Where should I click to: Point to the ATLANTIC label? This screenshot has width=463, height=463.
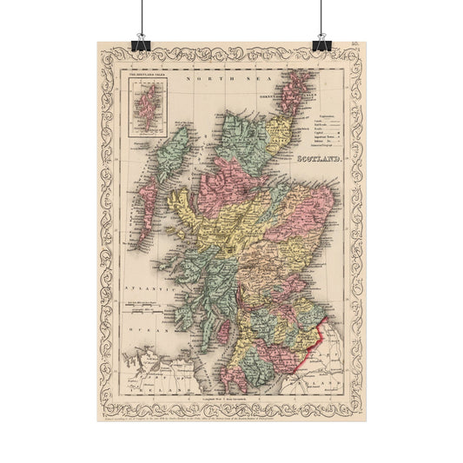(x=140, y=286)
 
